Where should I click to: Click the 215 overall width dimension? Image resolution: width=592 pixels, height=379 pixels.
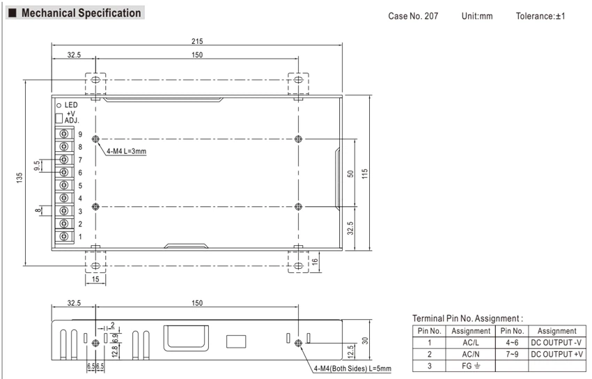(x=196, y=41)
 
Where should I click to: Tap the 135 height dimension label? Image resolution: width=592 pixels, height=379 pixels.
(x=20, y=178)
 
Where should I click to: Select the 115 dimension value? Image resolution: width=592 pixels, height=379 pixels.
(x=364, y=173)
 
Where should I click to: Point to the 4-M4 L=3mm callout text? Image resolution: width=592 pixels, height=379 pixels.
(x=126, y=151)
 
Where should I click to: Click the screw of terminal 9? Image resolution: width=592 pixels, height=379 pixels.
(x=64, y=134)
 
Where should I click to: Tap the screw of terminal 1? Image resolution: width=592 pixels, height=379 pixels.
(x=64, y=236)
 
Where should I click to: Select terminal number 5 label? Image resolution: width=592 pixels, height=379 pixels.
(x=80, y=186)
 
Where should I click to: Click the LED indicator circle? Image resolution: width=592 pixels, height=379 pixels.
(x=59, y=105)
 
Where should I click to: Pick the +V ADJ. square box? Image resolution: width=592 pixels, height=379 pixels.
(x=59, y=118)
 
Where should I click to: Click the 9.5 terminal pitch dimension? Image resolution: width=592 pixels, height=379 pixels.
(x=37, y=165)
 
